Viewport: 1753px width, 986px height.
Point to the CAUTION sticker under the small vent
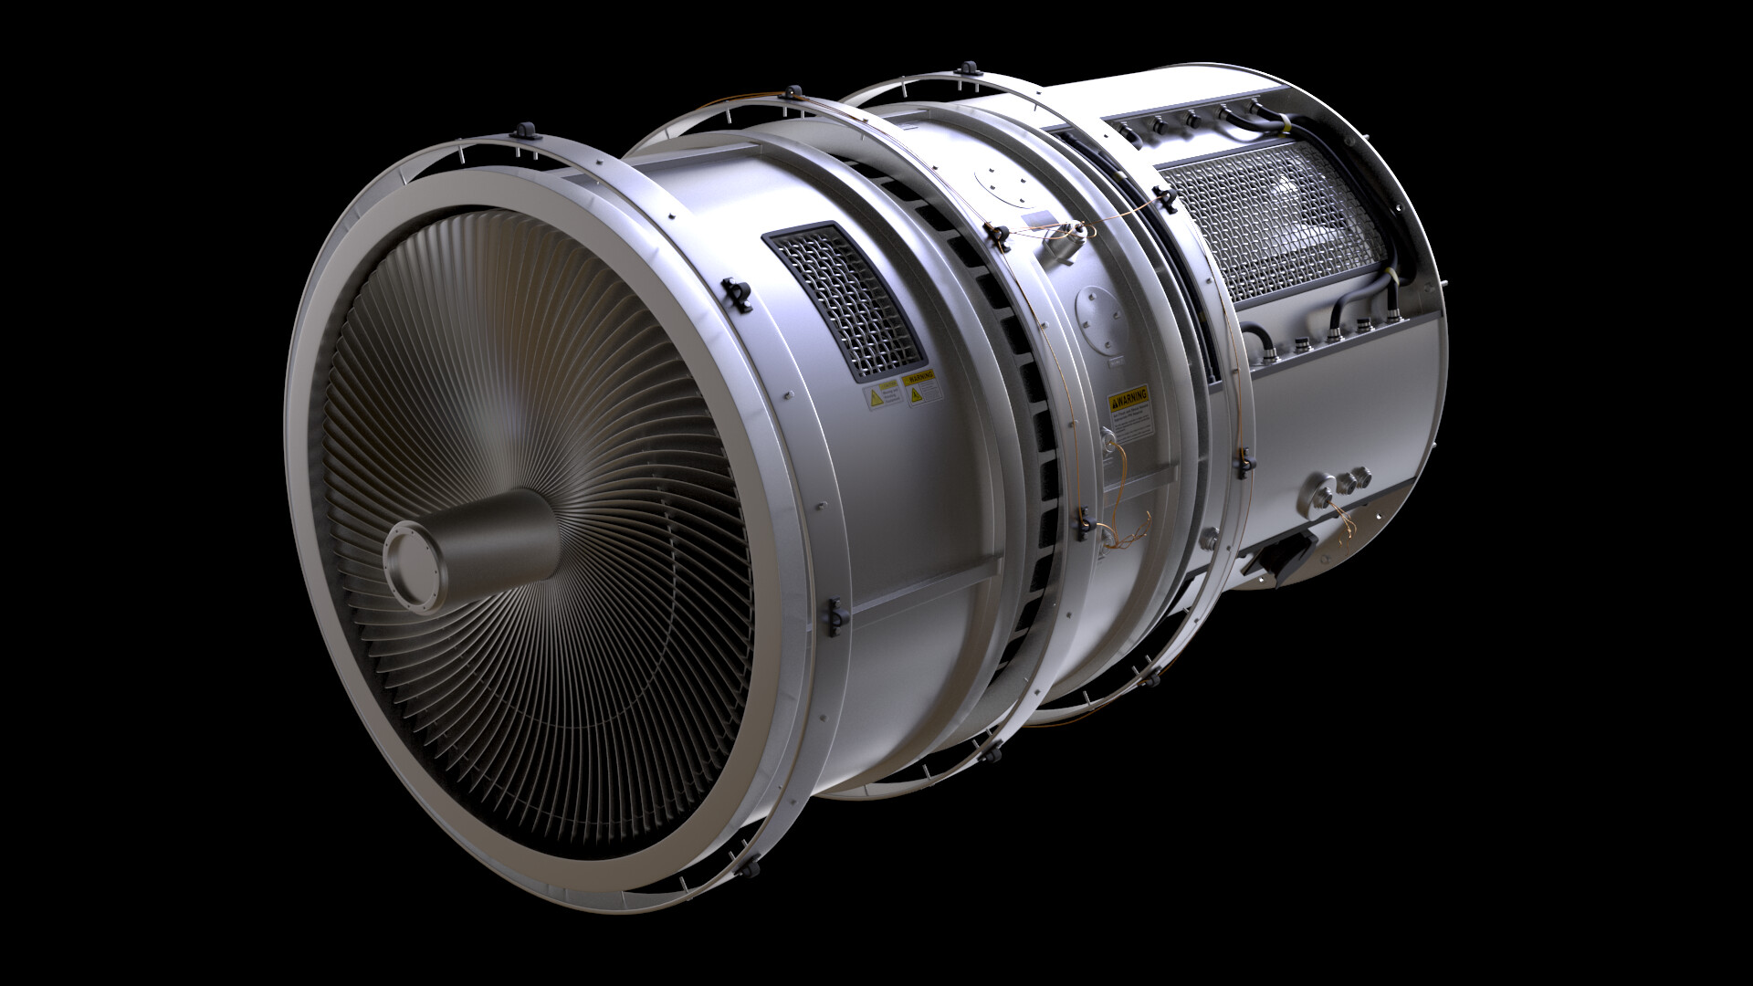pos(882,396)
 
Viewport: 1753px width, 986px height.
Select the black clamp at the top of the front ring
pos(528,131)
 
